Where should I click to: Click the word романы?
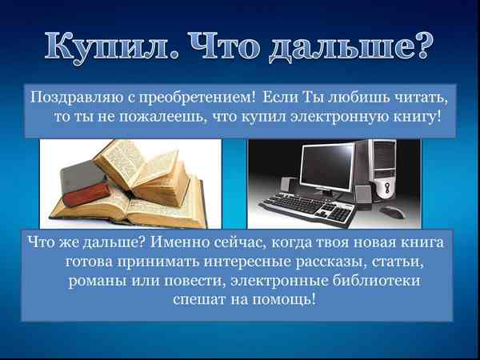coord(100,281)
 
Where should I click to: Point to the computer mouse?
coord(392,211)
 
